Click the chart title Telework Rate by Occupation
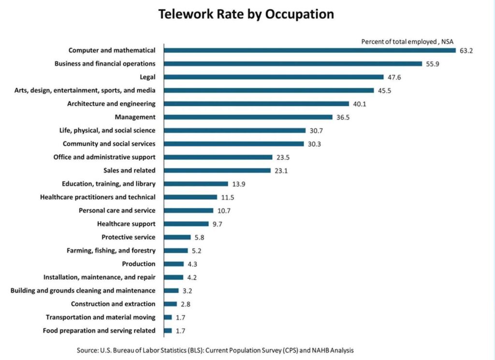(246, 15)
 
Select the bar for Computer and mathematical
(310, 50)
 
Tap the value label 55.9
(433, 64)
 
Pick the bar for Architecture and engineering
(257, 104)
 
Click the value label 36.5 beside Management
(343, 117)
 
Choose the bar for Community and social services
(234, 144)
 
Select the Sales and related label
(130, 170)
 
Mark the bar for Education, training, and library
(196, 184)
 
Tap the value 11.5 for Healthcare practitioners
(228, 197)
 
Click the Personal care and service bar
(189, 210)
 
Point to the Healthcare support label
(126, 224)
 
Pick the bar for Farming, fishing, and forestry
(176, 251)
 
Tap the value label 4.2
(192, 278)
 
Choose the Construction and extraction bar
(171, 304)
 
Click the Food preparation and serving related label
(99, 331)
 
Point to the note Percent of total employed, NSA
(408, 42)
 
